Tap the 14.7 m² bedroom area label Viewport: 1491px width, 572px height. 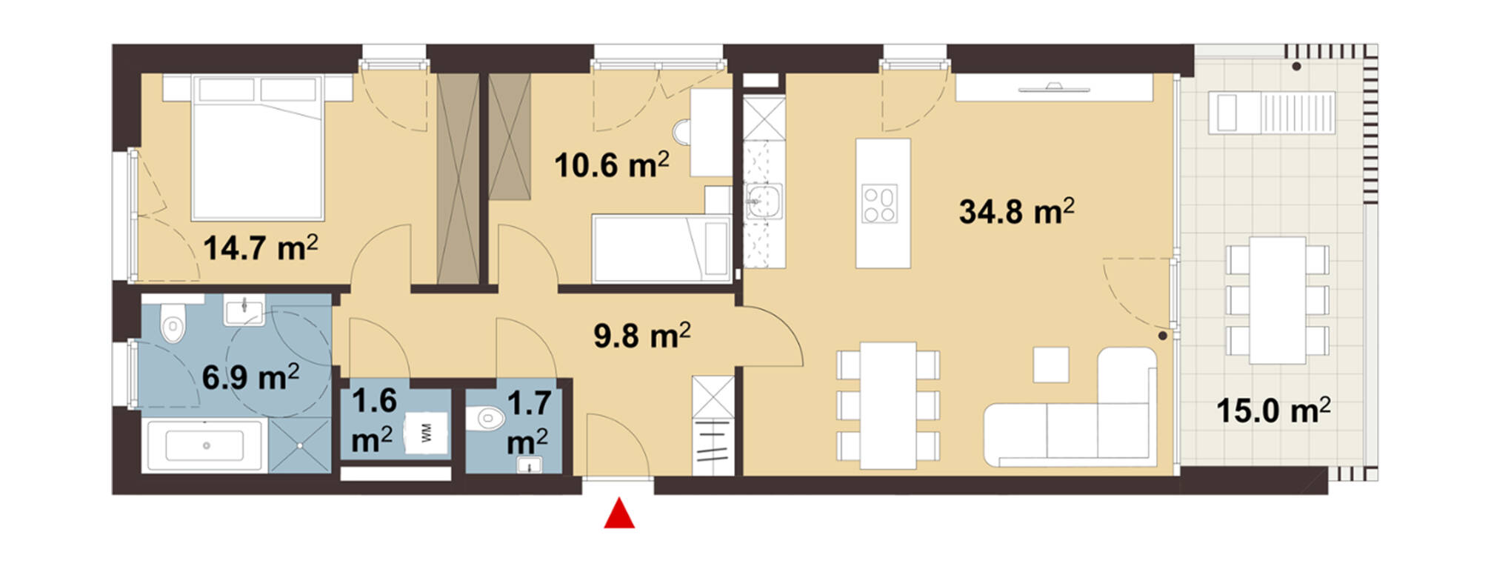pyautogui.click(x=261, y=247)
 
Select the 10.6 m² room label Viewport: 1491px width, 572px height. pyautogui.click(x=612, y=164)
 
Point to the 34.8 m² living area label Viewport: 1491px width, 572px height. pyautogui.click(x=1017, y=211)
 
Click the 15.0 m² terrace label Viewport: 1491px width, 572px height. pyautogui.click(x=1273, y=410)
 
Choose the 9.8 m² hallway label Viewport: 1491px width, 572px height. pyautogui.click(x=642, y=336)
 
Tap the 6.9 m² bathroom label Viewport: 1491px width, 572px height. pyautogui.click(x=250, y=377)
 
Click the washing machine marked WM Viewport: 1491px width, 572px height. pyautogui.click(x=427, y=433)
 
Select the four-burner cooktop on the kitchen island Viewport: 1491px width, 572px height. pyautogui.click(x=880, y=204)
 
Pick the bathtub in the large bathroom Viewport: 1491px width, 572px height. pyautogui.click(x=206, y=445)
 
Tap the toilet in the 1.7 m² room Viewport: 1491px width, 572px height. pyautogui.click(x=487, y=419)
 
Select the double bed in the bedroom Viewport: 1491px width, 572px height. pyautogui.click(x=258, y=147)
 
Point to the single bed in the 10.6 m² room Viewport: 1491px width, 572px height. pyautogui.click(x=661, y=248)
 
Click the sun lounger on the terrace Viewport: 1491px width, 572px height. pyautogui.click(x=1272, y=113)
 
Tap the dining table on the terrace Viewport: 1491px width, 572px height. pyautogui.click(x=1277, y=300)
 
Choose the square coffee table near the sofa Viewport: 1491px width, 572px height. pyautogui.click(x=1051, y=365)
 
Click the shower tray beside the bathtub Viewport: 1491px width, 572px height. pyautogui.click(x=299, y=445)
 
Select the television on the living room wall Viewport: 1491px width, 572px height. pyautogui.click(x=1054, y=89)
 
